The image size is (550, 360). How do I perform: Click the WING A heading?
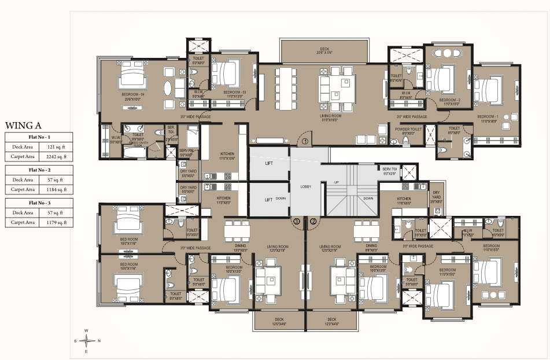click(x=23, y=124)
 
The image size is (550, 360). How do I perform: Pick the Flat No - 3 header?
click(x=39, y=203)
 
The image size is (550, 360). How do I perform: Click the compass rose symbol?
click(x=87, y=341)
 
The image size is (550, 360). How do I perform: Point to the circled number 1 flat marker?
click(x=306, y=139)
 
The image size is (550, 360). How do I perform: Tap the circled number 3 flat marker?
click(x=297, y=221)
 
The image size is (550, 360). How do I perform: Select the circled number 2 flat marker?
click(x=313, y=221)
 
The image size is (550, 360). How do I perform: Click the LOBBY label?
click(x=305, y=187)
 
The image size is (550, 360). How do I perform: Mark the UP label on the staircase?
click(x=336, y=182)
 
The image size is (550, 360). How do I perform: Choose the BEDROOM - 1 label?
click(x=489, y=116)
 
